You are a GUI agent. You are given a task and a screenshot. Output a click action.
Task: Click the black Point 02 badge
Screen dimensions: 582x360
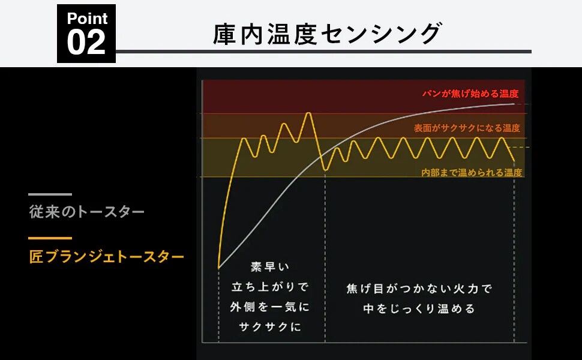tap(86, 34)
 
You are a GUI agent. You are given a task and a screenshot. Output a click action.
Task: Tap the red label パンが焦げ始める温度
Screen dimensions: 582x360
tap(470, 94)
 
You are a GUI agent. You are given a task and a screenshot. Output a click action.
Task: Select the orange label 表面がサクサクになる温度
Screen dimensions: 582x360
tap(467, 128)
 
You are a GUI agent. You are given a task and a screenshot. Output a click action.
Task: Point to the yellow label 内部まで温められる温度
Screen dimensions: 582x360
tap(472, 173)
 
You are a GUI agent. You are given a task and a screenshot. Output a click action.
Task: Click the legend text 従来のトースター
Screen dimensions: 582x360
tap(87, 212)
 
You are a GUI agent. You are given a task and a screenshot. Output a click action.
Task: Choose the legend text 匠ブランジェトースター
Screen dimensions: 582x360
tap(107, 256)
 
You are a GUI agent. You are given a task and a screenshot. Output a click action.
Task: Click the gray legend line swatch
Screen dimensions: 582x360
tap(50, 194)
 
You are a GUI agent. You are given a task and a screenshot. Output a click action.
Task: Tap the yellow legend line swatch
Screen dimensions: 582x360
tap(50, 238)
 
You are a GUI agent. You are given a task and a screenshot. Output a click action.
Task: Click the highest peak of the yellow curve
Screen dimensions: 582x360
tap(308, 113)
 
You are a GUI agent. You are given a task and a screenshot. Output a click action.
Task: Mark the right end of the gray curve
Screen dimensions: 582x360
tap(514, 104)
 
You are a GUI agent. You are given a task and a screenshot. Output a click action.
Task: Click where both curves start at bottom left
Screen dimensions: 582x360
tap(218, 268)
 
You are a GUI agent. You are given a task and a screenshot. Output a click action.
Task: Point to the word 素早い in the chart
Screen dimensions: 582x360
tap(270, 266)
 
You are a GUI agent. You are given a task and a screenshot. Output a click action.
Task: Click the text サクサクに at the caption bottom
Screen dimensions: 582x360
tap(270, 326)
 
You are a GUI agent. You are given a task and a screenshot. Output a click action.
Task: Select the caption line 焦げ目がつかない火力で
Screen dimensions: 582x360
tap(419, 289)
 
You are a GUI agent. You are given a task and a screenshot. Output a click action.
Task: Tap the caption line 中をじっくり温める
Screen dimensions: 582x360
tap(419, 308)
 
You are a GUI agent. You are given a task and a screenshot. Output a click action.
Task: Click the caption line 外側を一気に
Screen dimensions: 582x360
tap(270, 307)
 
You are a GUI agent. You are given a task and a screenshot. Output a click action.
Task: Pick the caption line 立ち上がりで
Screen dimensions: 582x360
tap(270, 287)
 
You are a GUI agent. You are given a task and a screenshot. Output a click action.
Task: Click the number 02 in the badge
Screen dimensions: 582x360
tap(86, 43)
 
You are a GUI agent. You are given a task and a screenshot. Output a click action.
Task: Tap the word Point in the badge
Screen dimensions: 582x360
tap(87, 18)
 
